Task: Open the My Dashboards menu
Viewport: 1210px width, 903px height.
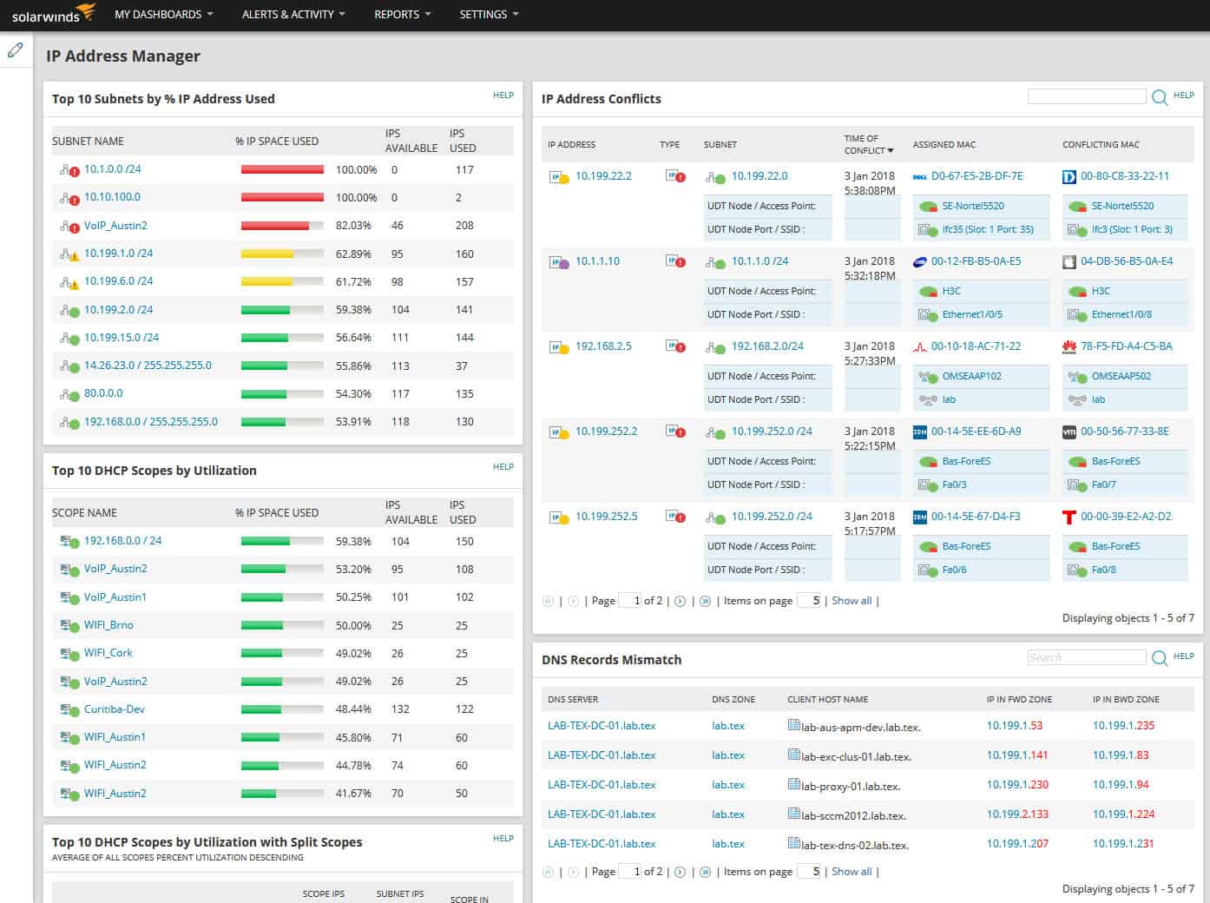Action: [x=163, y=15]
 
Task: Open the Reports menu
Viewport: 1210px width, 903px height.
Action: [x=402, y=15]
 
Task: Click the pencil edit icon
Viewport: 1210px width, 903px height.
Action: [x=16, y=50]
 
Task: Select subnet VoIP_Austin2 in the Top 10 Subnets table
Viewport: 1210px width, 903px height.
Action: [x=115, y=226]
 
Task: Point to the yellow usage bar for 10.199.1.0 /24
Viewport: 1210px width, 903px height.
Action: [x=267, y=254]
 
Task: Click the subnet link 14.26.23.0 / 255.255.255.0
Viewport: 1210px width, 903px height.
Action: [x=148, y=366]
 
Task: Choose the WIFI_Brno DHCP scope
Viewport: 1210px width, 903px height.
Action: [x=109, y=625]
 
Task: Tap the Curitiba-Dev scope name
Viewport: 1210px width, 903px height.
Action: [x=115, y=709]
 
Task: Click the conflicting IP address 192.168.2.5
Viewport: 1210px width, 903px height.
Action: [x=603, y=346]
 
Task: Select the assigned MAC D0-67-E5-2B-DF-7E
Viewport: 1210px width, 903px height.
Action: [x=977, y=176]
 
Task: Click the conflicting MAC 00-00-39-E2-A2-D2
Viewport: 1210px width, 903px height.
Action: [x=1126, y=517]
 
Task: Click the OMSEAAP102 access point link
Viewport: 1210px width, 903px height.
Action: [x=971, y=377]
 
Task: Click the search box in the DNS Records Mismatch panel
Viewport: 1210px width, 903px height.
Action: [x=1086, y=658]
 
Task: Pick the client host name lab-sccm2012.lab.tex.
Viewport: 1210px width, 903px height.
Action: [x=853, y=815]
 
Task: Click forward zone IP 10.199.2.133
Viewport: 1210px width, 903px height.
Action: [x=1017, y=814]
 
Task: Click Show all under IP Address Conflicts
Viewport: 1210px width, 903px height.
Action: [x=852, y=601]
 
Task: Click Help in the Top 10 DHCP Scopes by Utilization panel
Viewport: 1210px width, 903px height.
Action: [x=503, y=467]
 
